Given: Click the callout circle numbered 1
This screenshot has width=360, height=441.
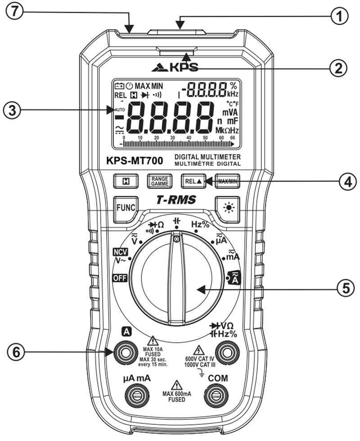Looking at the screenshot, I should coord(341,17).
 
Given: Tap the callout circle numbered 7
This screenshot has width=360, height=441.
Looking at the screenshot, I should coord(17,12).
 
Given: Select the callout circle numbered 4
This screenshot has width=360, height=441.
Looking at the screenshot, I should coord(341,182).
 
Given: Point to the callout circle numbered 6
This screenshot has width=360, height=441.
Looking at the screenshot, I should coord(17,352).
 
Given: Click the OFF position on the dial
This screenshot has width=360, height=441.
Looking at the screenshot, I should coord(120,277).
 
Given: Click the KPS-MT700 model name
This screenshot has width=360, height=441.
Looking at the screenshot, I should coord(137,161).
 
